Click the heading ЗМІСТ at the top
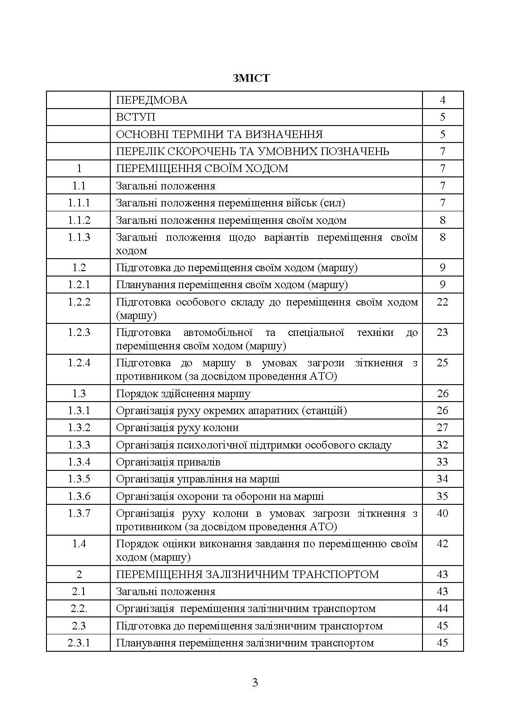(x=251, y=78)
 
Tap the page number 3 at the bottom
(x=255, y=682)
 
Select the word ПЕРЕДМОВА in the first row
(x=151, y=100)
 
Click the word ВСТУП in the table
(x=136, y=117)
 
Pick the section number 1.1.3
(x=79, y=237)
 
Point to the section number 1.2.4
(x=79, y=363)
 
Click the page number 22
(x=442, y=302)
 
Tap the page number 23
(x=442, y=332)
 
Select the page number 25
(x=442, y=363)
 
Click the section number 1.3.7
(x=79, y=513)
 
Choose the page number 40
(x=442, y=513)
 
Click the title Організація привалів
(x=168, y=462)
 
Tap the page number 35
(x=442, y=496)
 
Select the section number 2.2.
(x=79, y=608)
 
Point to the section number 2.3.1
(x=79, y=643)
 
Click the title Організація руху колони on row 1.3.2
(x=177, y=428)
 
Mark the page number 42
(x=442, y=544)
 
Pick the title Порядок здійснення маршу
(x=183, y=394)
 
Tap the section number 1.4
(x=79, y=544)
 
